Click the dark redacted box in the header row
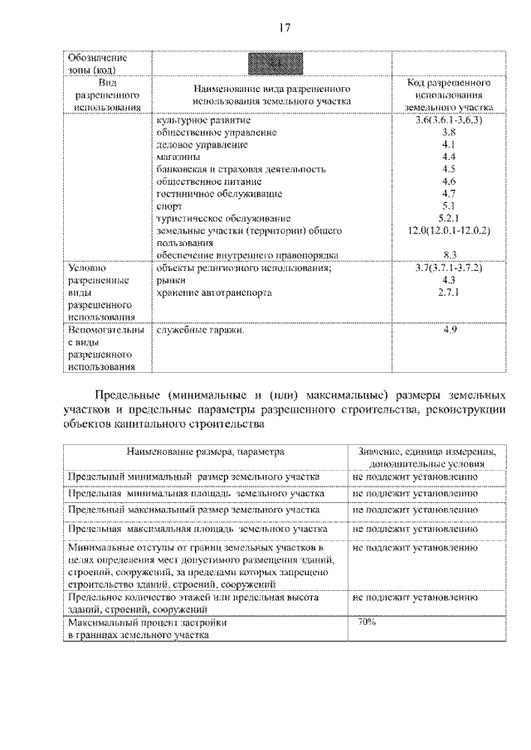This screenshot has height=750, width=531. pyautogui.click(x=272, y=63)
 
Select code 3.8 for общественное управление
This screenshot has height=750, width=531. pyautogui.click(x=449, y=133)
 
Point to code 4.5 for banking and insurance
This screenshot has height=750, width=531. pyautogui.click(x=449, y=169)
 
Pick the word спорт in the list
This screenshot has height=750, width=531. pyautogui.click(x=170, y=206)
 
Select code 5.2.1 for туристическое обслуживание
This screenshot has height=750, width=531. pyautogui.click(x=449, y=217)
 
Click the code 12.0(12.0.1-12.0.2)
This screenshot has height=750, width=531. pyautogui.click(x=449, y=230)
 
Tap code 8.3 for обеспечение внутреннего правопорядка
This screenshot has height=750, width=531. pyautogui.click(x=449, y=254)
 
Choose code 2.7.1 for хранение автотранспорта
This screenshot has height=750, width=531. pyautogui.click(x=449, y=293)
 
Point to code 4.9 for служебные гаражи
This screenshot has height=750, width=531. pyautogui.click(x=449, y=331)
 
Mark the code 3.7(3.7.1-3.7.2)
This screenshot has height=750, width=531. pyautogui.click(x=449, y=269)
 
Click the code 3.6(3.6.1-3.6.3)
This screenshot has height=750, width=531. pyautogui.click(x=449, y=121)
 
